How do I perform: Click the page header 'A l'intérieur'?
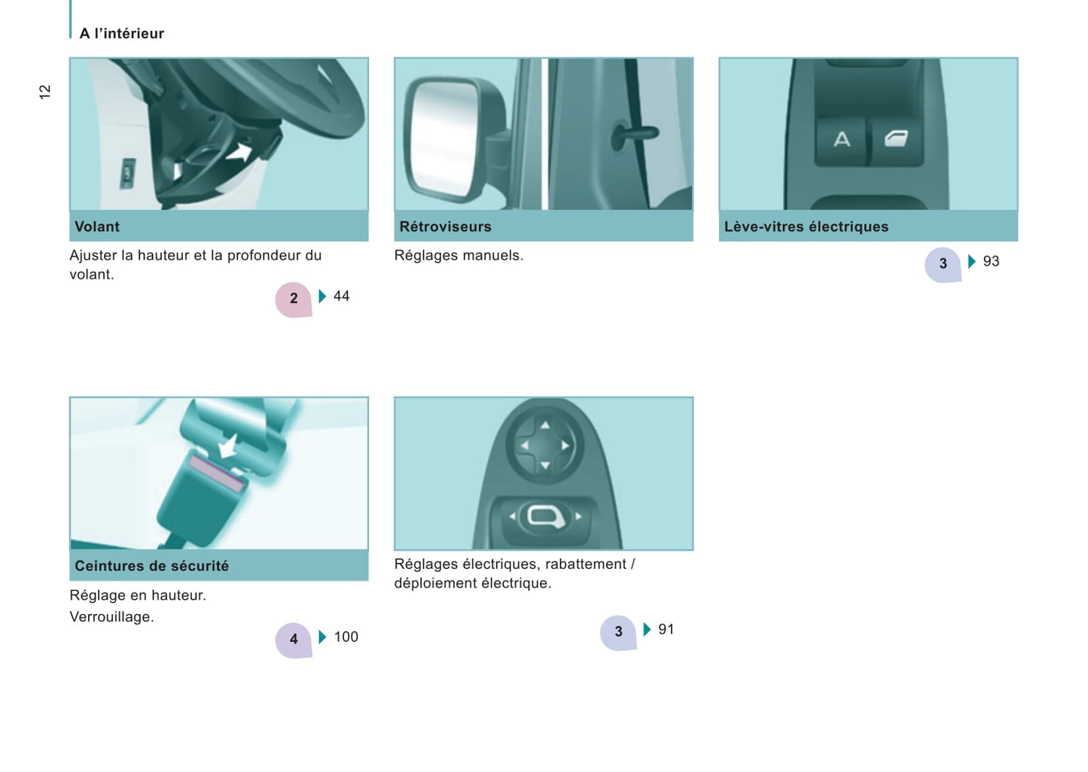[x=121, y=34]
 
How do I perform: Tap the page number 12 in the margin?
[x=44, y=92]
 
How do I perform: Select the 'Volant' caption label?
[x=97, y=226]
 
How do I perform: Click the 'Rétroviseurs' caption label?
[x=445, y=226]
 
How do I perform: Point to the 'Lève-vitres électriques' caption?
[x=806, y=226]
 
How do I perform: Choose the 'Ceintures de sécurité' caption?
[x=151, y=566]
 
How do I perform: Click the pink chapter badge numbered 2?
[x=294, y=299]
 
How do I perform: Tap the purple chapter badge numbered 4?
[x=294, y=640]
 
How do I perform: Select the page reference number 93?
[x=991, y=261]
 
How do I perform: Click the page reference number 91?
[x=666, y=629]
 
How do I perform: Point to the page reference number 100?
[x=346, y=637]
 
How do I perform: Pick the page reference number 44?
[x=341, y=296]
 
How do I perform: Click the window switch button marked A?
[x=842, y=140]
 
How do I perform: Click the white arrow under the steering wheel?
[x=240, y=153]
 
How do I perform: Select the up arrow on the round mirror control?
[x=545, y=425]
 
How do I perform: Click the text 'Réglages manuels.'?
[x=459, y=255]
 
